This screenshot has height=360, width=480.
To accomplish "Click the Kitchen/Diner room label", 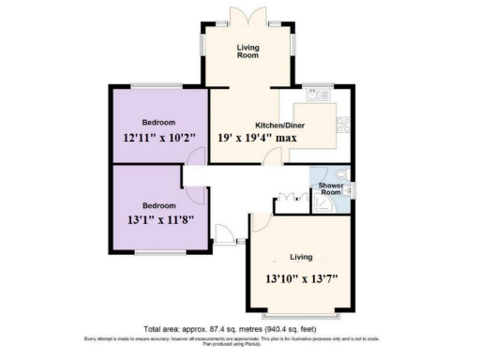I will point(277,125).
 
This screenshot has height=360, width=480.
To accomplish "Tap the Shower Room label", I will point(330,188).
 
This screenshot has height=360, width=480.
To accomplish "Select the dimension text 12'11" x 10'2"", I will point(159,138).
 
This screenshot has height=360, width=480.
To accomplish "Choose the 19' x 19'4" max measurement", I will point(258,138).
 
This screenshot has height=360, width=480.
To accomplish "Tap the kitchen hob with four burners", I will point(343,123).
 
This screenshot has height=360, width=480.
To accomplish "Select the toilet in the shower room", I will point(342,174).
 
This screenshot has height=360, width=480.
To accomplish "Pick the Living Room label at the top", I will point(247,51).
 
